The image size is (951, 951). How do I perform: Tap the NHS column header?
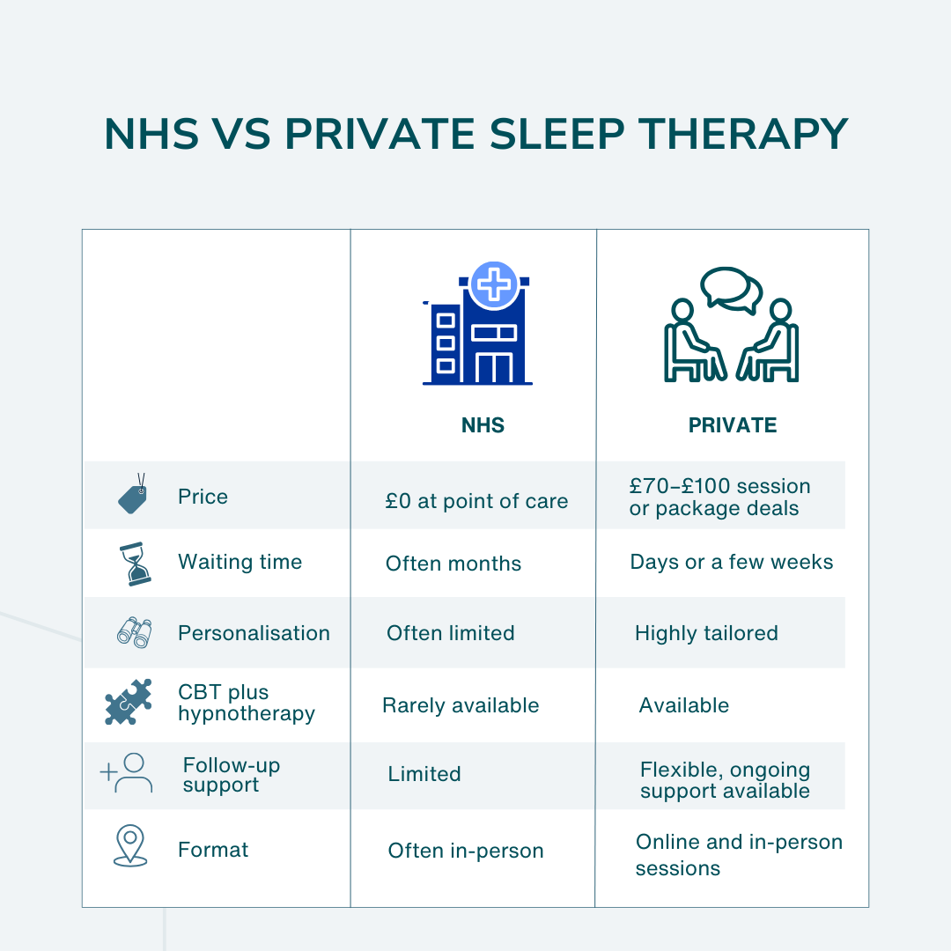click(483, 425)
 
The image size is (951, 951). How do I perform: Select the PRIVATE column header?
click(733, 425)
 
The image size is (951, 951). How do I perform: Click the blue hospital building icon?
click(477, 330)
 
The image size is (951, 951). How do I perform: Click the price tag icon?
click(133, 496)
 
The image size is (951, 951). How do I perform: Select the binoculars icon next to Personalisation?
click(134, 632)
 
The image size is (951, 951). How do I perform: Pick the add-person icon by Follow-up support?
click(127, 773)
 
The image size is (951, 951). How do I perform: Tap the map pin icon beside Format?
click(130, 845)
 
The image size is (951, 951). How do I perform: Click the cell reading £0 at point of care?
click(476, 501)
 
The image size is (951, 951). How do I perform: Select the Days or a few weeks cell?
click(731, 562)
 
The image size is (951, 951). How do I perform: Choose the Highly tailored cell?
click(706, 633)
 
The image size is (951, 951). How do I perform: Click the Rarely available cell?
click(461, 705)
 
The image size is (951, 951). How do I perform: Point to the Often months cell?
click(453, 564)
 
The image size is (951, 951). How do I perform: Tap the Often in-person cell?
click(466, 851)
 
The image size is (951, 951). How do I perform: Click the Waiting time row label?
click(240, 562)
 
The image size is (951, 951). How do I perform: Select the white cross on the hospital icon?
click(495, 284)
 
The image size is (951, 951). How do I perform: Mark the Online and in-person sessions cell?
click(738, 854)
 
